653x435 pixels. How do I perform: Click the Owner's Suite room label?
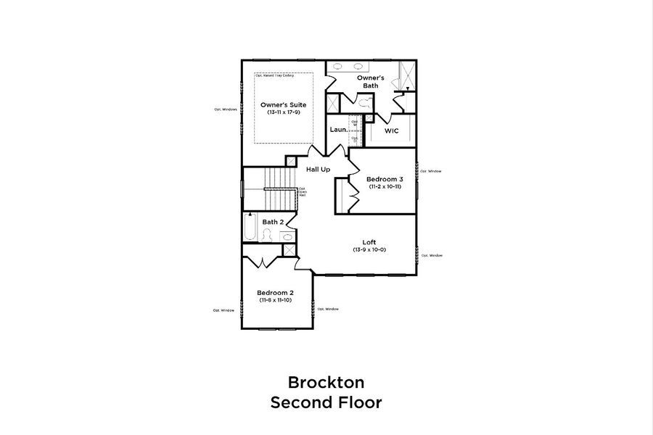[282, 105]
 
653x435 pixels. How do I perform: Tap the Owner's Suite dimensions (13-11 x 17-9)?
[282, 112]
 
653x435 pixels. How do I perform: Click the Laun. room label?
[337, 130]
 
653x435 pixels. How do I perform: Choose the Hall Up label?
[318, 169]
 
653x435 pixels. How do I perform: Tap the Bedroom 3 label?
[385, 179]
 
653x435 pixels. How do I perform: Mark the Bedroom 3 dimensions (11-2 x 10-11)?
[385, 186]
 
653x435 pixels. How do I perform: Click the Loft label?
[369, 242]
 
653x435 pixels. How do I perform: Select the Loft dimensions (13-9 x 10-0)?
[369, 249]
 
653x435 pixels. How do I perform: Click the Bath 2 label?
[273, 222]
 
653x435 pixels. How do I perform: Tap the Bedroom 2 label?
[275, 293]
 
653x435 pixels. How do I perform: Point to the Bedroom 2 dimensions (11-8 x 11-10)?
[275, 300]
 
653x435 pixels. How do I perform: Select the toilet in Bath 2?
[267, 235]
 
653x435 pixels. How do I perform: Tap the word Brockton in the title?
[326, 381]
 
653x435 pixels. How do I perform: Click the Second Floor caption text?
[326, 402]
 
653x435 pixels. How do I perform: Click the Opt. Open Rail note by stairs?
[302, 192]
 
